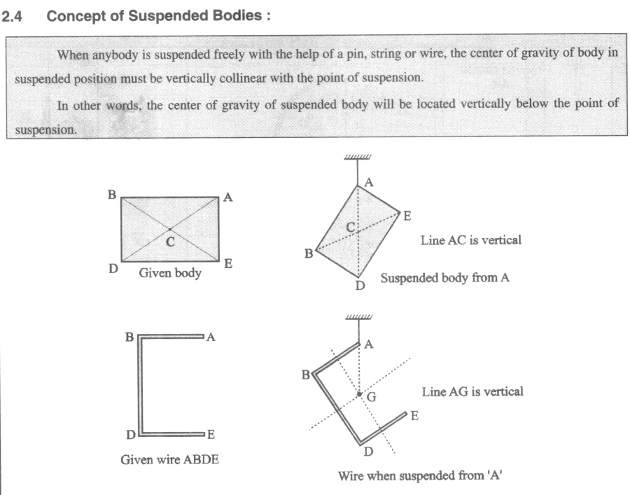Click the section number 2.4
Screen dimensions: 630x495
coord(11,17)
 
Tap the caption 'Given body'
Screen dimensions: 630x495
coord(170,273)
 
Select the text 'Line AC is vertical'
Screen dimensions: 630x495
coord(471,240)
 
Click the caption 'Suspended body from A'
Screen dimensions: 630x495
coord(444,278)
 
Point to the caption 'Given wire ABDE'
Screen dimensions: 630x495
coord(169,459)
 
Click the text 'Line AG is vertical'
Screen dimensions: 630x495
coord(472,391)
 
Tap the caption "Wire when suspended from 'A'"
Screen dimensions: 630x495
coord(420,475)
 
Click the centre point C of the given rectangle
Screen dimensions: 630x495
coord(170,229)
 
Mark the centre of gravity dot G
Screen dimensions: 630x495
coord(359,394)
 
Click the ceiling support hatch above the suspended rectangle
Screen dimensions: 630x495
coord(358,157)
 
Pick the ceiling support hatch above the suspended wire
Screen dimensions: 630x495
coord(359,317)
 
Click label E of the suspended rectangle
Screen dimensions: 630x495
coord(407,216)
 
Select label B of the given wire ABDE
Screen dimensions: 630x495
coord(129,337)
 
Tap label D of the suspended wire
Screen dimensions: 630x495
coord(368,452)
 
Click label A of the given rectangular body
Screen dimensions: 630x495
coord(227,197)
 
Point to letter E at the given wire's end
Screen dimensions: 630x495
coord(211,434)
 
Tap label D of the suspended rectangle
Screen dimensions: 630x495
coord(360,286)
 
